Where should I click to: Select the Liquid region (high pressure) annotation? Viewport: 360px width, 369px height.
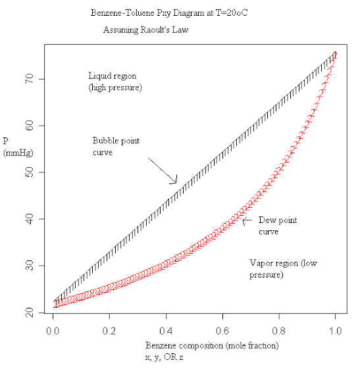(116, 82)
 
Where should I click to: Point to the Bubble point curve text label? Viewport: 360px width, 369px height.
(116, 146)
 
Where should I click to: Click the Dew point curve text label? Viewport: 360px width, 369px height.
(277, 226)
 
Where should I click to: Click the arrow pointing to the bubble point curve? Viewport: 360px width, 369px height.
(161, 170)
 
